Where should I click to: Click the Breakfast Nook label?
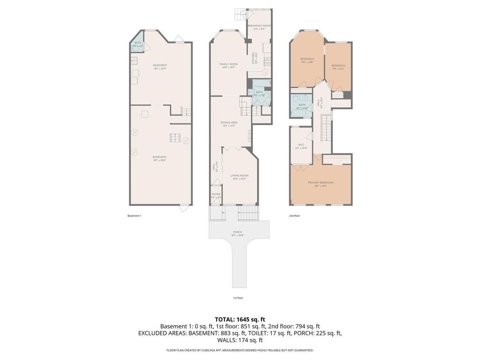(x=259, y=27)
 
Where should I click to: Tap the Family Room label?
(x=228, y=65)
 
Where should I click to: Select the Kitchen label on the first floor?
(x=253, y=58)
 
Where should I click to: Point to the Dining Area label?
(x=229, y=124)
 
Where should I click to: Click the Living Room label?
(x=239, y=177)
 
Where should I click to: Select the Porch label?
(x=238, y=233)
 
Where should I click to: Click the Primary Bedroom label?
(x=321, y=183)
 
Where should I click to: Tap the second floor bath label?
(x=302, y=106)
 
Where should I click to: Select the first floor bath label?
(x=259, y=93)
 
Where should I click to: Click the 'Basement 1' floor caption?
(x=134, y=216)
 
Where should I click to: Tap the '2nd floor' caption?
(x=294, y=216)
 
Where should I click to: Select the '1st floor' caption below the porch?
(x=238, y=298)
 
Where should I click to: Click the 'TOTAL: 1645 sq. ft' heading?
(x=240, y=319)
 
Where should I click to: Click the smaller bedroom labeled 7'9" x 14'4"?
(x=338, y=67)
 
